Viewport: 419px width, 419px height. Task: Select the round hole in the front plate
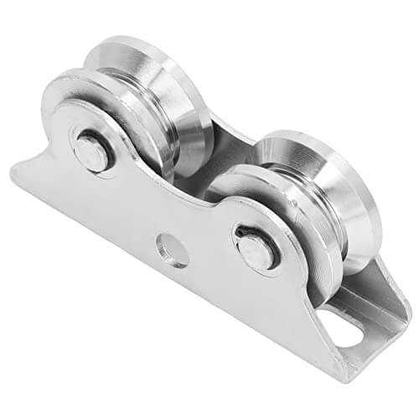click(x=172, y=249)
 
